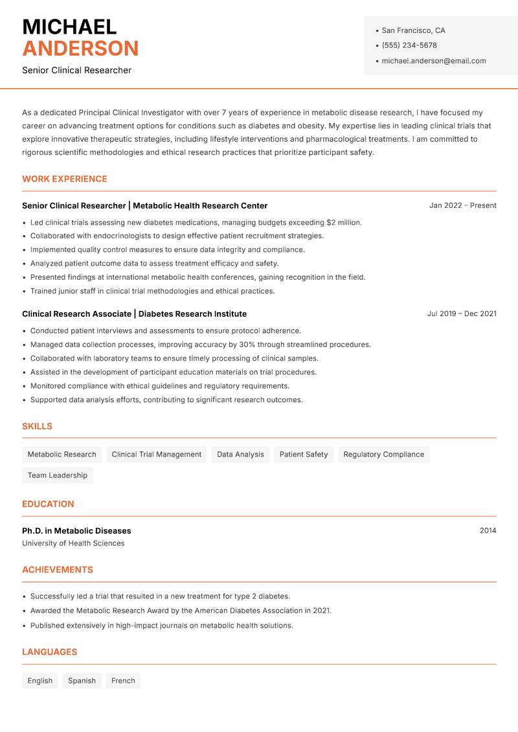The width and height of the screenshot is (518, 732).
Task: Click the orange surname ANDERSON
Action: coord(80,49)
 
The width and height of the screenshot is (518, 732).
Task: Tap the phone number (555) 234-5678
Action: coord(409,45)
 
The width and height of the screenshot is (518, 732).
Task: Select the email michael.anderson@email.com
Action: coord(434,61)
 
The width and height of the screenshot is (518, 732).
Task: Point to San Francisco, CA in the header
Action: coord(413,30)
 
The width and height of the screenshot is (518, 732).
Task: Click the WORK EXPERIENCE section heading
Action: coord(65,179)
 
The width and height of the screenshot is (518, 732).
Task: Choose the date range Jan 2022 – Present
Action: coord(462,205)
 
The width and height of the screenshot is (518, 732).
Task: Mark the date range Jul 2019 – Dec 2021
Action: coord(462,314)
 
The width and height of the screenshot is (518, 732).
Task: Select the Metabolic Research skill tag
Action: coord(62,454)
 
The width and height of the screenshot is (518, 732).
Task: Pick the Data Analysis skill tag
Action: coord(240,454)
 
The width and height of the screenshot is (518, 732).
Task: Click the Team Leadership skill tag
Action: coord(57,475)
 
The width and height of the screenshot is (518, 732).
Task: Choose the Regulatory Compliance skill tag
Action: coord(383,454)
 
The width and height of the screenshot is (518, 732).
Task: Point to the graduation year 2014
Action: coord(488,531)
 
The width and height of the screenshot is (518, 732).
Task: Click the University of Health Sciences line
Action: coord(73,543)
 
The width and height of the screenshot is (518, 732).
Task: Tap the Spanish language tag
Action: coord(82,681)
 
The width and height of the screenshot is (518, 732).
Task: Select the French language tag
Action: coord(123,681)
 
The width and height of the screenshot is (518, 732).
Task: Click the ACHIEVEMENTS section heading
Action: coord(58,570)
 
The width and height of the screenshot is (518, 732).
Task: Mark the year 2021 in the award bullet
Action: coord(322,610)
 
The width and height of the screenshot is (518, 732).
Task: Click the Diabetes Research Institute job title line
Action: coord(134,314)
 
